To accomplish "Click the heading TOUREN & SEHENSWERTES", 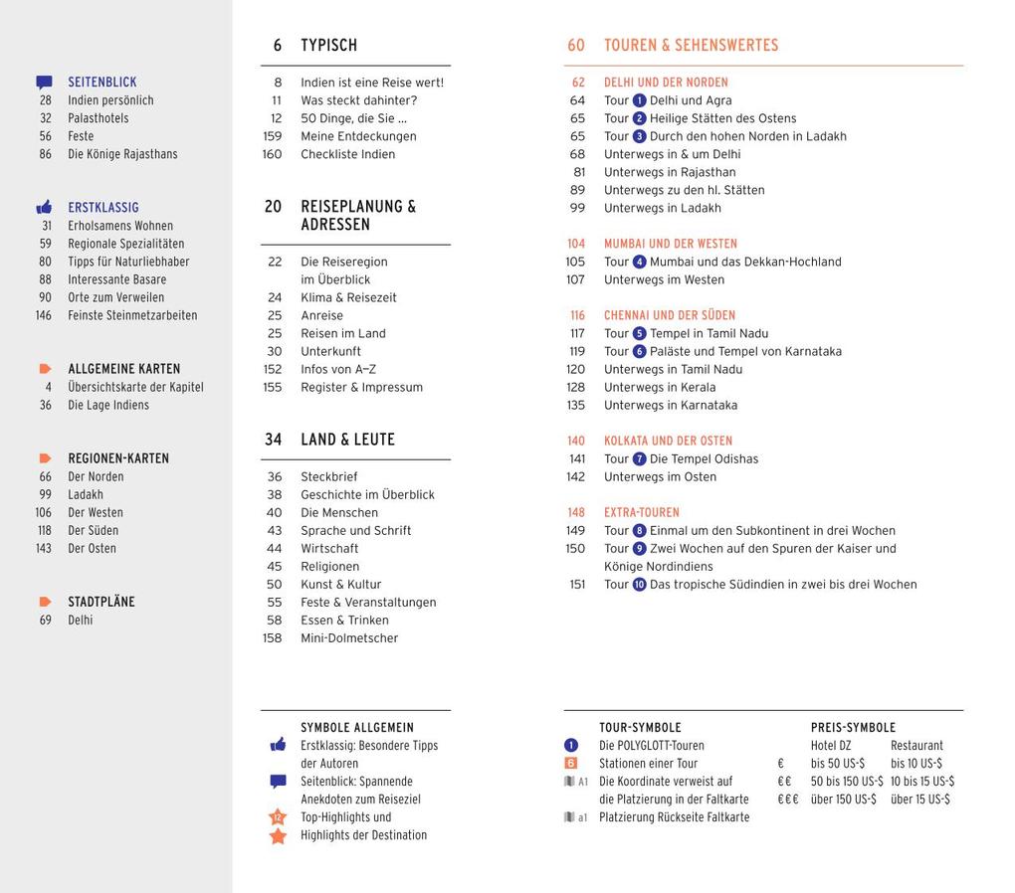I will click(691, 46).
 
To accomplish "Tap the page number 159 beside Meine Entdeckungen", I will click(272, 136).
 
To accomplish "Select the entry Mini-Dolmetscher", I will click(349, 638).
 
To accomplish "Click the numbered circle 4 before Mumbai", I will click(639, 263).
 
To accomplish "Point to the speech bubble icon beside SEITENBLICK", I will click(44, 83).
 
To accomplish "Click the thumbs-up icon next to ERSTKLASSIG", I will click(44, 208).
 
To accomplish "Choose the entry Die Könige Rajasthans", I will click(122, 154).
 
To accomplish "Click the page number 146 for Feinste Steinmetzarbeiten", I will click(43, 315).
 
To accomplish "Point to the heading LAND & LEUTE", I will click(347, 440).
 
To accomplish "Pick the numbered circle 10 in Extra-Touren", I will click(639, 585).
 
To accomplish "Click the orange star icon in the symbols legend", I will click(278, 836).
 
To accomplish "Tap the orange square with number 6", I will click(570, 764).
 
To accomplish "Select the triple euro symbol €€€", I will click(788, 800).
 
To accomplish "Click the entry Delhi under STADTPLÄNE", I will click(80, 621).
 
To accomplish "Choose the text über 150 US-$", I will click(844, 800).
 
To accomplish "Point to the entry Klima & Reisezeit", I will click(348, 298).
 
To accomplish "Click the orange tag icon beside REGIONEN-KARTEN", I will click(45, 458).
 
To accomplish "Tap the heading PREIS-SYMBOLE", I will click(853, 728).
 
